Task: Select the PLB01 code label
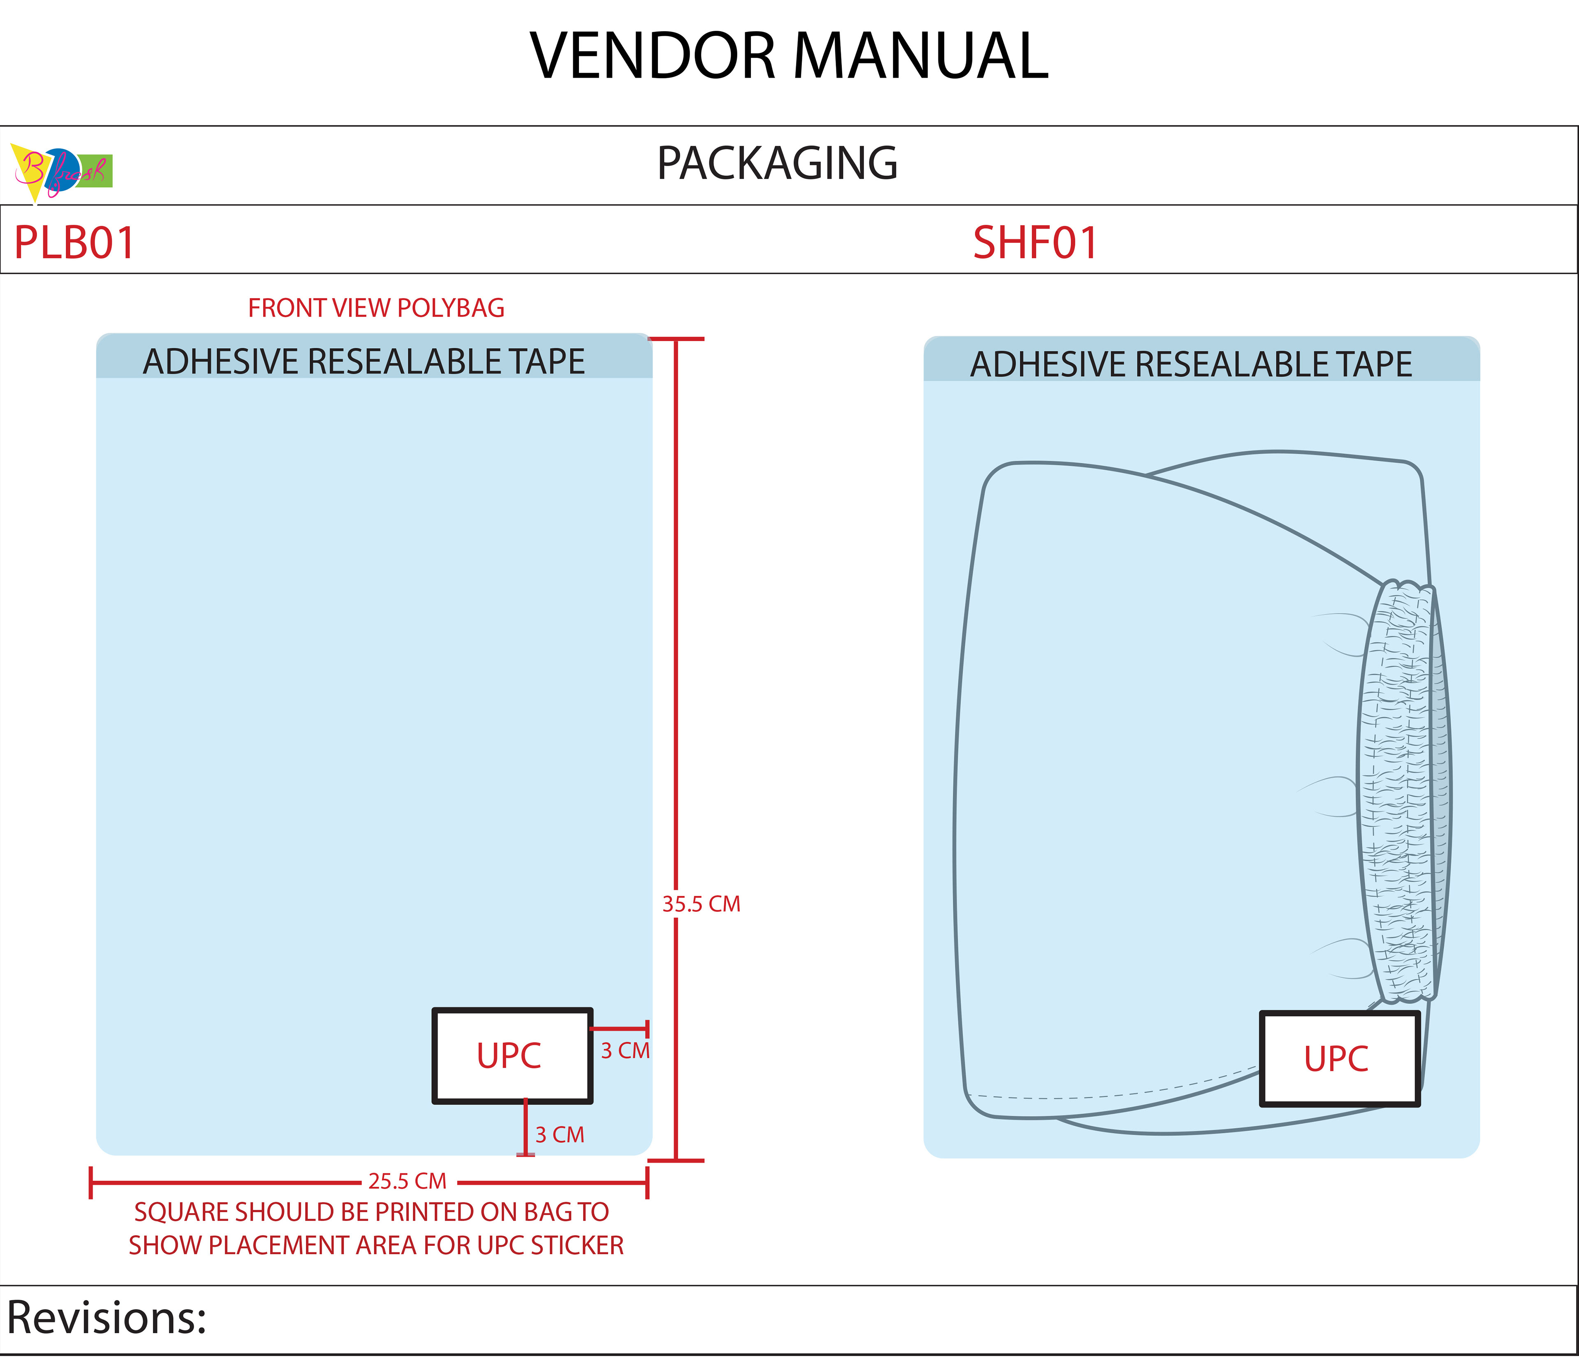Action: tap(75, 243)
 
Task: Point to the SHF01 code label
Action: tap(1035, 243)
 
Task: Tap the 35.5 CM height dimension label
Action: tap(701, 904)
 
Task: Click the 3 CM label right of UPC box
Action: tap(625, 1051)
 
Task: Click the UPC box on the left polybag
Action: tap(512, 1056)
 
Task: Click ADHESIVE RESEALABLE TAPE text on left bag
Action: tap(364, 361)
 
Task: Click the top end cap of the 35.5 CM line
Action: tap(677, 339)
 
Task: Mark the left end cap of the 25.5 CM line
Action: tap(91, 1183)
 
